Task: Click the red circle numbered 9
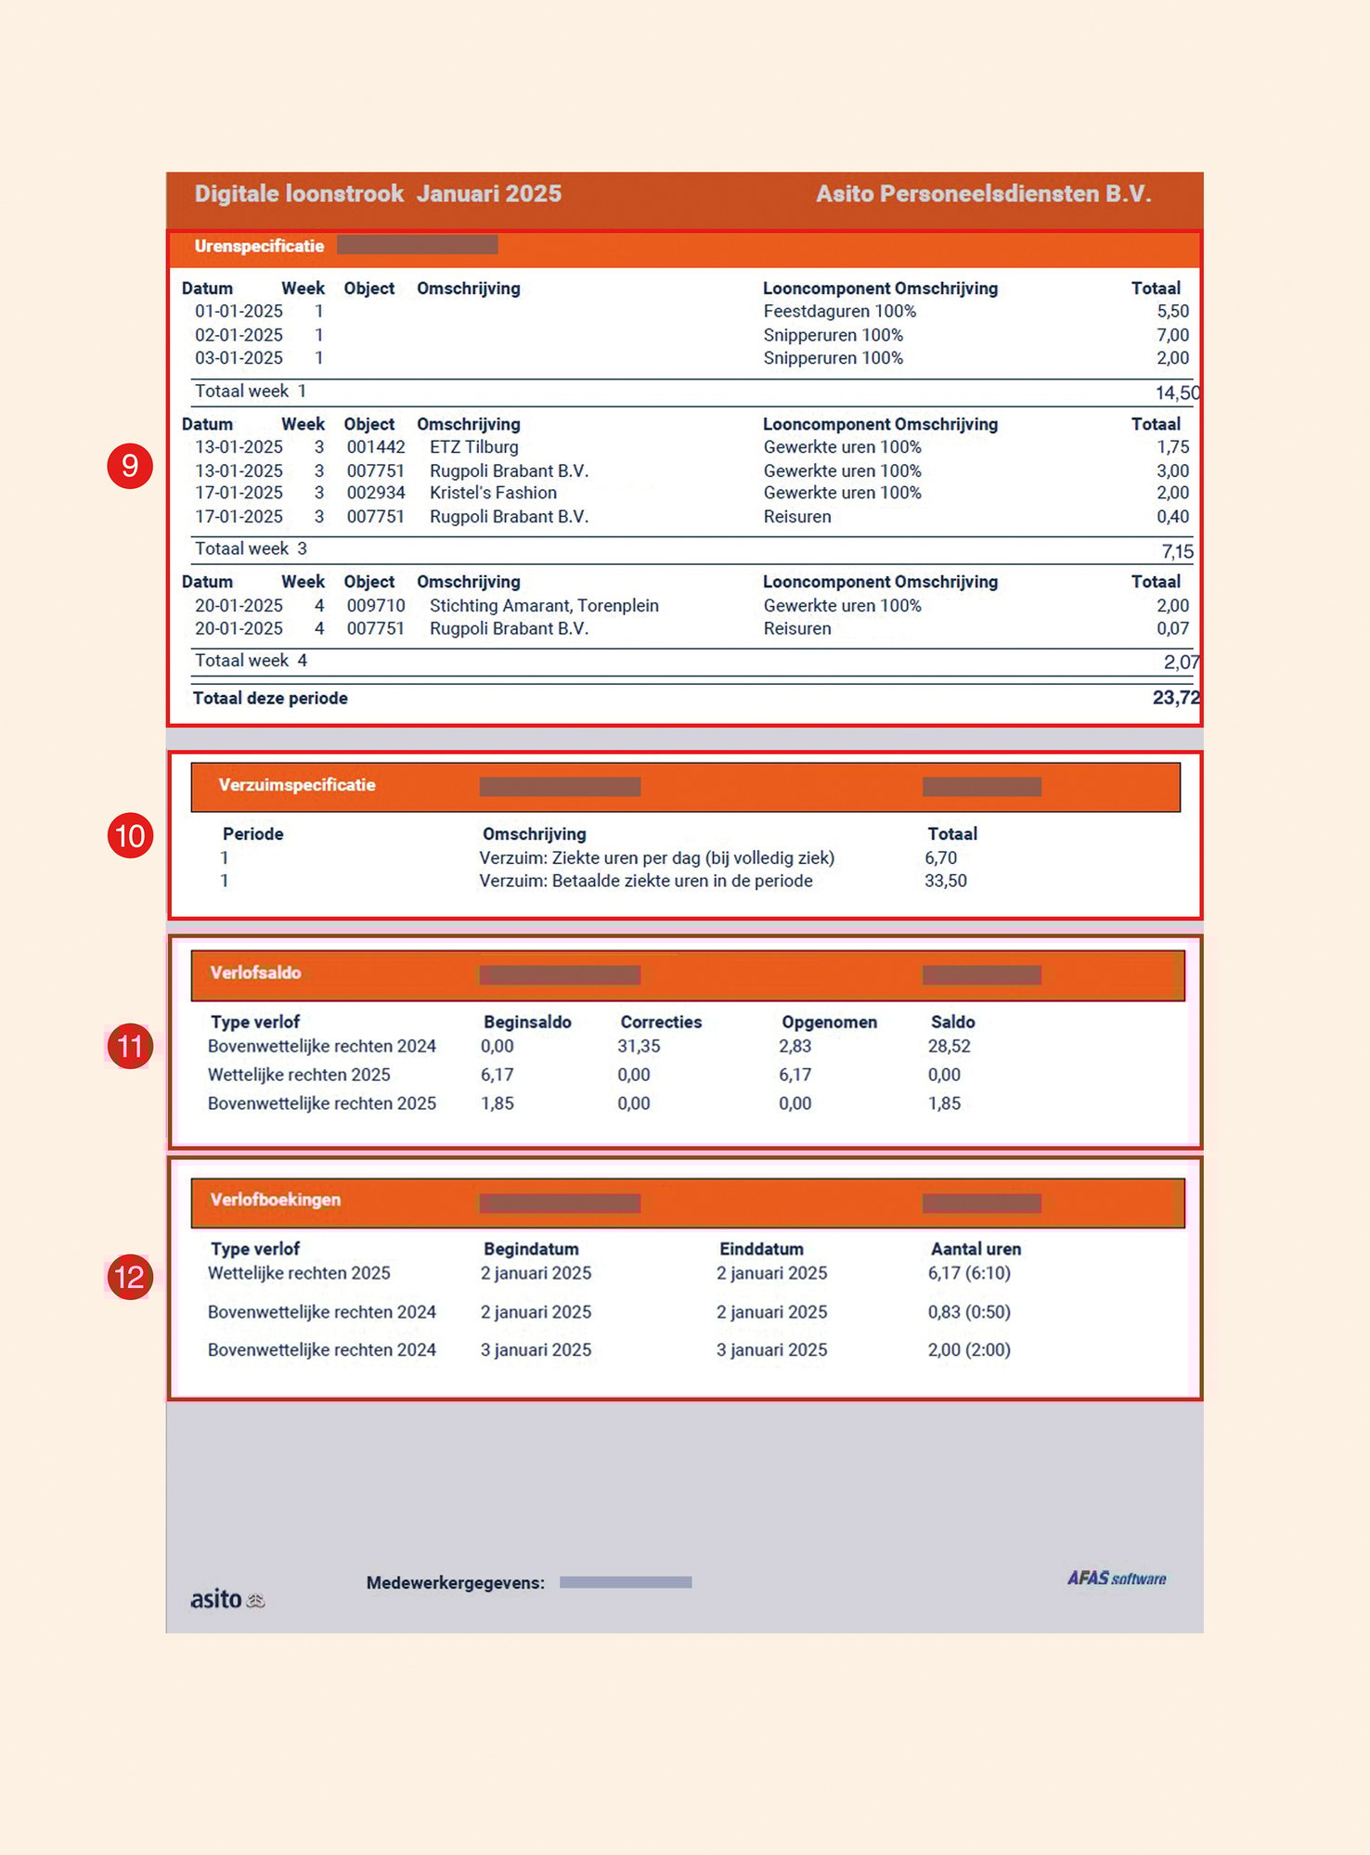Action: coord(130,465)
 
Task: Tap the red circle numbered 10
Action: coord(130,835)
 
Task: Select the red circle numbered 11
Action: coord(130,1046)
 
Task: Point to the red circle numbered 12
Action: coord(130,1277)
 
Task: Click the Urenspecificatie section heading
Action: coord(259,246)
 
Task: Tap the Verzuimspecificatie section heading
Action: coord(297,785)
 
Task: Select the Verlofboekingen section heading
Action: coord(276,1200)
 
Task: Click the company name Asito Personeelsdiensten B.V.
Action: coord(983,194)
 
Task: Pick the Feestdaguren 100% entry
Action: coord(839,312)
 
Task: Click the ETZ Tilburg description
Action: coord(473,447)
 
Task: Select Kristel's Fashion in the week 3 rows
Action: coord(493,493)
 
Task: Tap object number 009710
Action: coord(376,606)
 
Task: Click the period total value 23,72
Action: coord(1175,698)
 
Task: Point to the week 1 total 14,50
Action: coord(1177,393)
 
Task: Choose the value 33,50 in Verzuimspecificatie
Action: coord(945,881)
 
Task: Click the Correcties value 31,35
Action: coord(639,1046)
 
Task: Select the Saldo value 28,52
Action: coord(949,1046)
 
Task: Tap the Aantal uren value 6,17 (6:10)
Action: coord(969,1273)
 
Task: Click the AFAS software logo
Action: coord(1116,1578)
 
